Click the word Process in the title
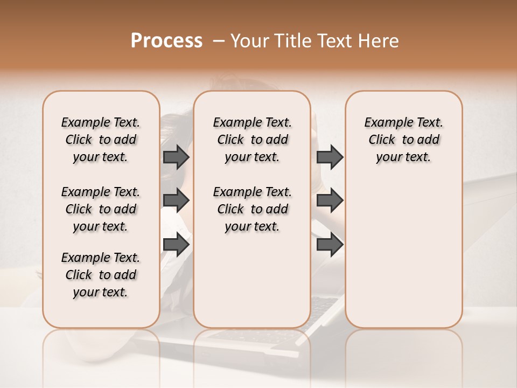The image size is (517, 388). tap(166, 40)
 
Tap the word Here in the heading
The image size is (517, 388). tap(378, 40)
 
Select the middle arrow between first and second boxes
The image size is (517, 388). tap(176, 200)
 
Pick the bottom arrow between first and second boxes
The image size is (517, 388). tap(176, 244)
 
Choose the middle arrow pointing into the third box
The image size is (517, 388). tap(330, 200)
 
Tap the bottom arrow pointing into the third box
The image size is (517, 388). tap(330, 244)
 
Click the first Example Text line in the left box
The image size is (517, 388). tap(101, 122)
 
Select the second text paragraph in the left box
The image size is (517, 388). tap(101, 209)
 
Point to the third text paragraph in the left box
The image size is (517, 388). tap(101, 275)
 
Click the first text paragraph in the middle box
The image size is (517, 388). tap(252, 140)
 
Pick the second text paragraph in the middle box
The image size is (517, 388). tap(252, 209)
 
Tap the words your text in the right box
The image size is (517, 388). tap(403, 157)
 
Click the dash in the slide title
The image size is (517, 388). tap(219, 40)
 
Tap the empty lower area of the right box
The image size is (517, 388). tap(403, 259)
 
